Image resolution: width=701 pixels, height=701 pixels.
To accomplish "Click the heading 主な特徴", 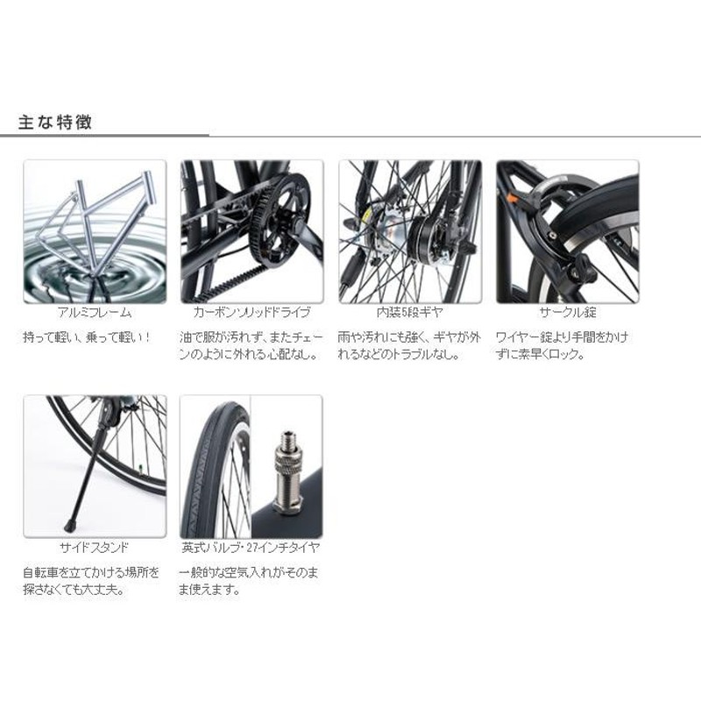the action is point(55,122).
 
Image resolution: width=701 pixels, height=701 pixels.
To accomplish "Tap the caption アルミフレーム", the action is point(95,312).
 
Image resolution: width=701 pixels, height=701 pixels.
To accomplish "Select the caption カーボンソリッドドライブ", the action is point(251,312).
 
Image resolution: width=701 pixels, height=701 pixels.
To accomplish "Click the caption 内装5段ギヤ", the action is point(409,312).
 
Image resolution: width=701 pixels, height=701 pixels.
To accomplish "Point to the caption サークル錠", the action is point(568,312).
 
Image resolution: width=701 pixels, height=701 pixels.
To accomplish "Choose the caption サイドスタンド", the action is point(95,547).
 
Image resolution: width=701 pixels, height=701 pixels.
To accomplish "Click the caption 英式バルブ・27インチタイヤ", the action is point(251,547).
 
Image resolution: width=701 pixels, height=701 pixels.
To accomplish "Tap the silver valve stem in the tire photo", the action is point(288,471).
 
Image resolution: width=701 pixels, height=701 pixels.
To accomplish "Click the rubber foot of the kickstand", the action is point(69,525).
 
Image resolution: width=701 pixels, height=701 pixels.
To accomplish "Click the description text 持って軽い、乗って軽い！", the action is point(87,337).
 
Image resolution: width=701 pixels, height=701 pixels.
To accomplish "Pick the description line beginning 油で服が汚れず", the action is point(251,337).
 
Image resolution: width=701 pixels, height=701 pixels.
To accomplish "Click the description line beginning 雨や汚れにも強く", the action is point(409,337).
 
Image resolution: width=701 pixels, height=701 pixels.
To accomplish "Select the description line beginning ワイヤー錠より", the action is point(562,337).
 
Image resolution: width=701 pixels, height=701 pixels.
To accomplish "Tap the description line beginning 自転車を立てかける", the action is point(91,572).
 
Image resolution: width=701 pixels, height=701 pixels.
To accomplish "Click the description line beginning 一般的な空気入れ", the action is point(249,572).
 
